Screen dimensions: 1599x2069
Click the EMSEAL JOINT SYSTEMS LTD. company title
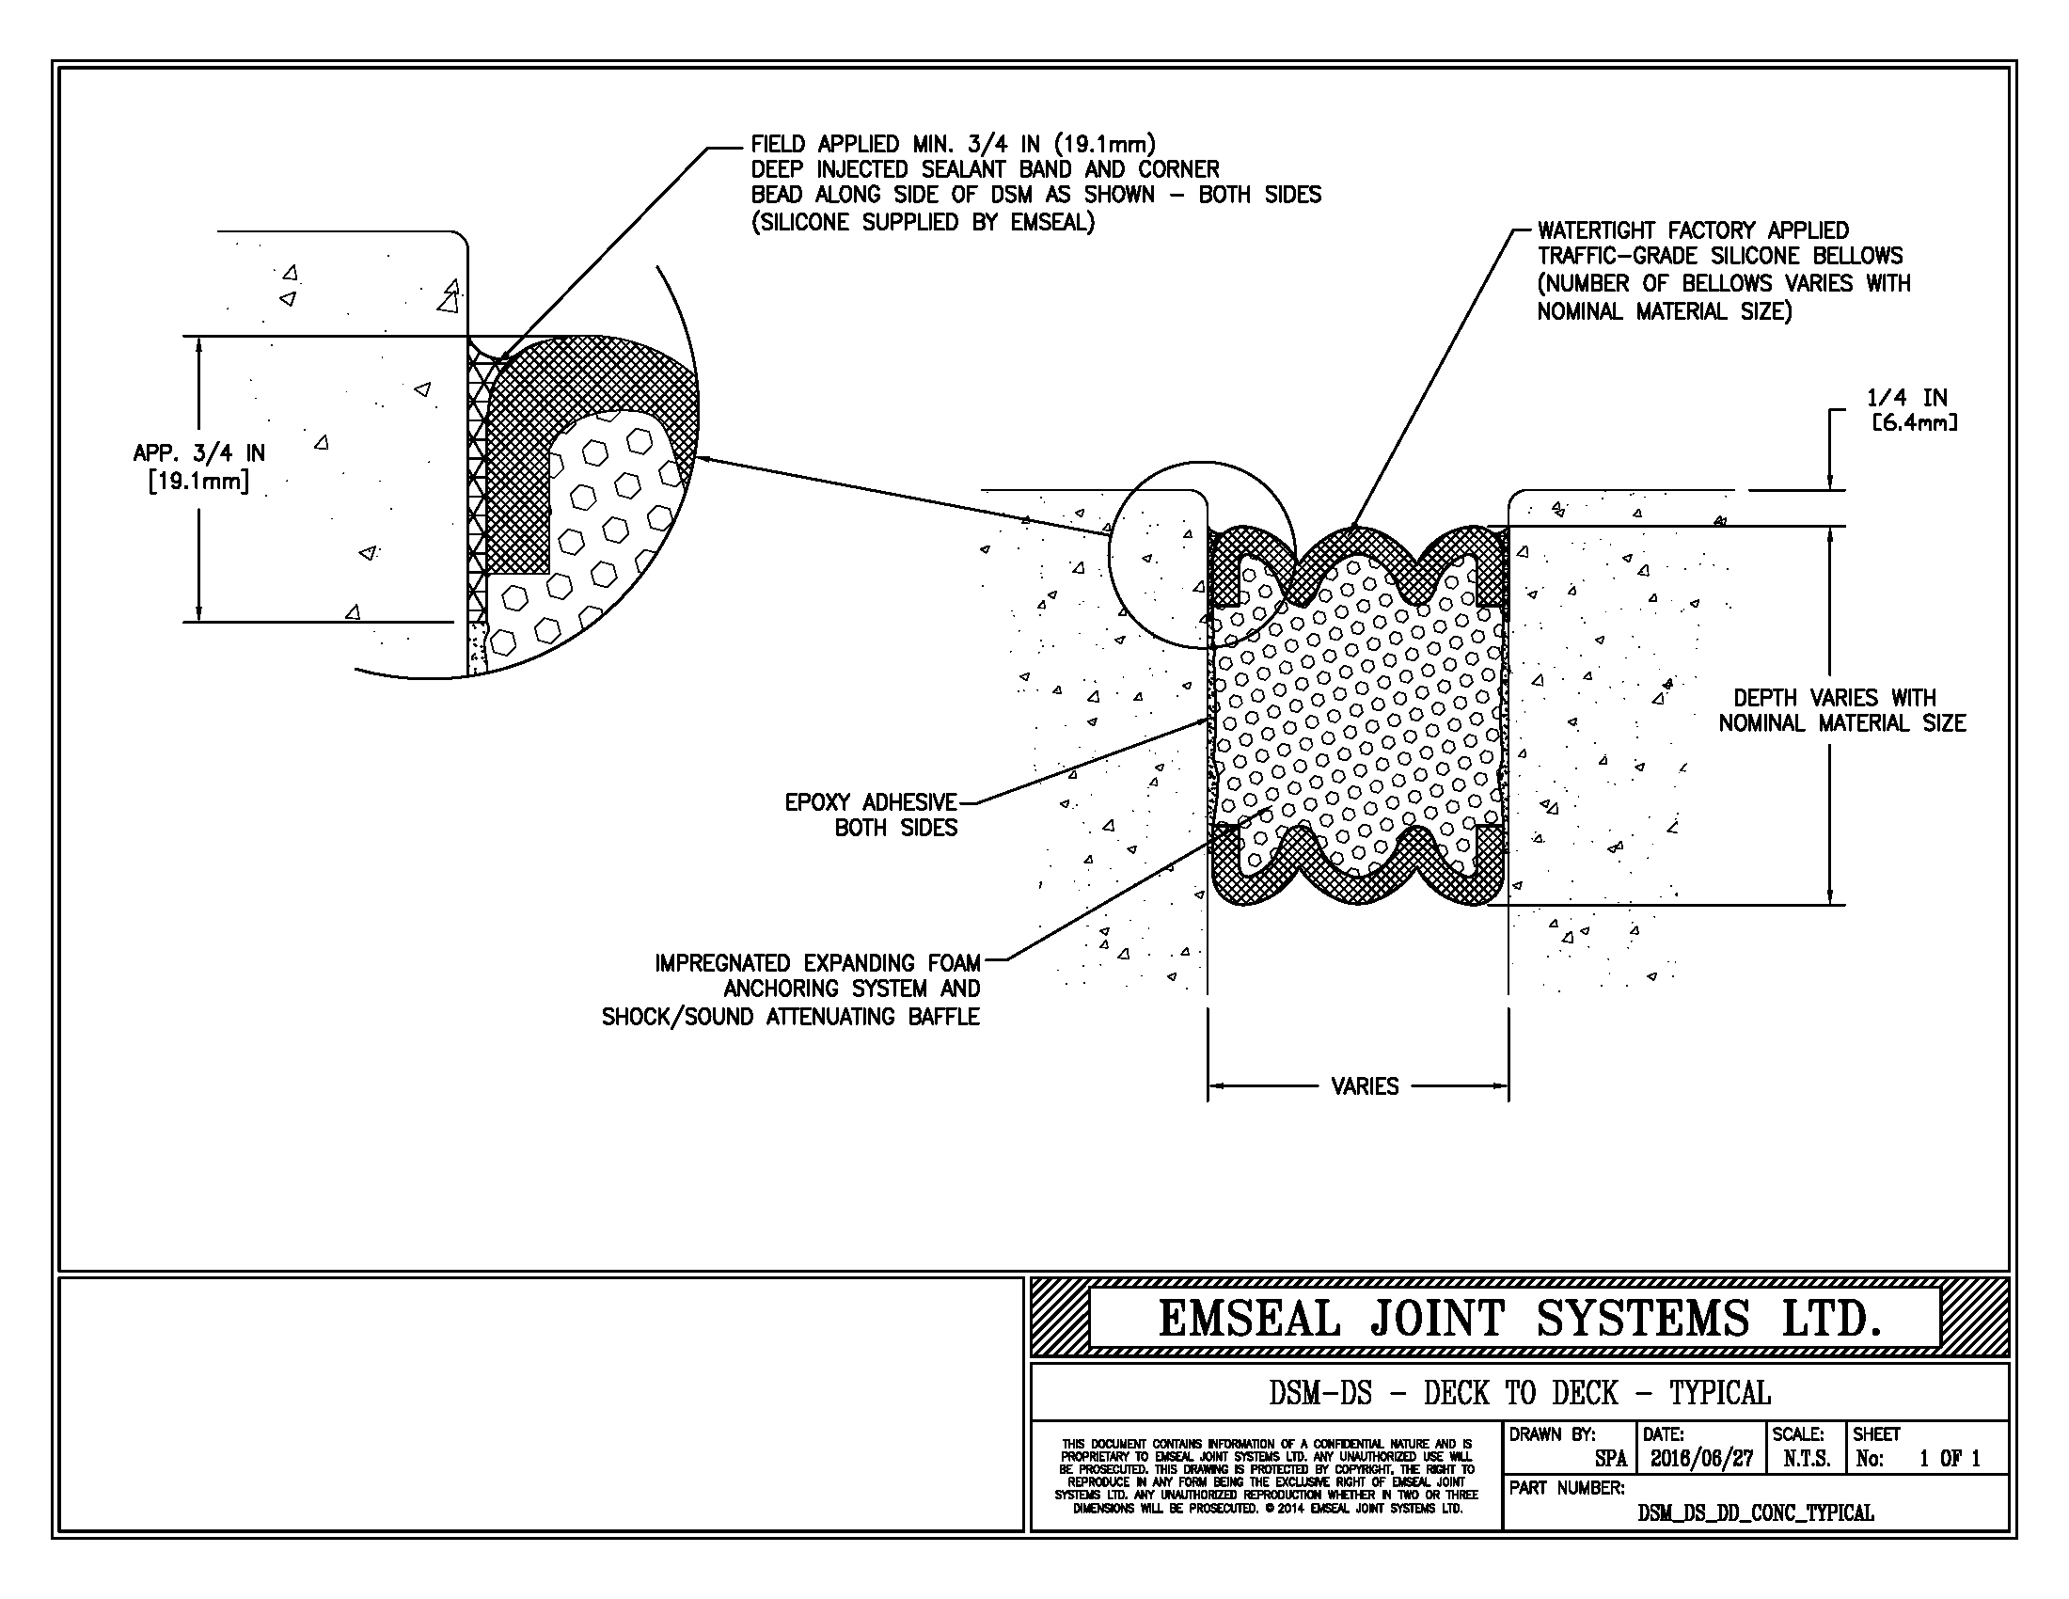[x=1519, y=1319]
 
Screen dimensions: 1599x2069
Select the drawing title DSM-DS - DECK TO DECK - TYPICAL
[x=1519, y=1392]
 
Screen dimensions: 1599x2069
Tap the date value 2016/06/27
[x=1701, y=1459]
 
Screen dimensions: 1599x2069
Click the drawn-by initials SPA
[x=1610, y=1459]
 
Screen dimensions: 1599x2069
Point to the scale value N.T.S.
[x=1807, y=1459]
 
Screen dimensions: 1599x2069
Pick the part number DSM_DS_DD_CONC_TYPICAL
[x=1756, y=1512]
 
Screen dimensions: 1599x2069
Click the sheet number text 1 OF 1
[x=1950, y=1459]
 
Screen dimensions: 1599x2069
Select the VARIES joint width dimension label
[x=1365, y=1086]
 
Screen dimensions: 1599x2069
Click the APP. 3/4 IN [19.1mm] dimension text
[x=199, y=467]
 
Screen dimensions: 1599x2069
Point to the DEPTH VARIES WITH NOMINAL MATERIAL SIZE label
[x=1841, y=710]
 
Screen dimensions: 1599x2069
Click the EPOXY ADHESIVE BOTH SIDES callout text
[x=872, y=815]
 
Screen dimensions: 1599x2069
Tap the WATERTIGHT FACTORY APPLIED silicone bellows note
[x=1722, y=271]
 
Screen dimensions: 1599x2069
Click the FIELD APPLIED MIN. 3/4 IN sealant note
[x=1035, y=182]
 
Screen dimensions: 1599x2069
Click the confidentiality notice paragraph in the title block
[x=1266, y=1476]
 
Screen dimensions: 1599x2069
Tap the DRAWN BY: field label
[x=1552, y=1434]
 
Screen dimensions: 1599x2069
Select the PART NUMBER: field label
[x=1566, y=1488]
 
